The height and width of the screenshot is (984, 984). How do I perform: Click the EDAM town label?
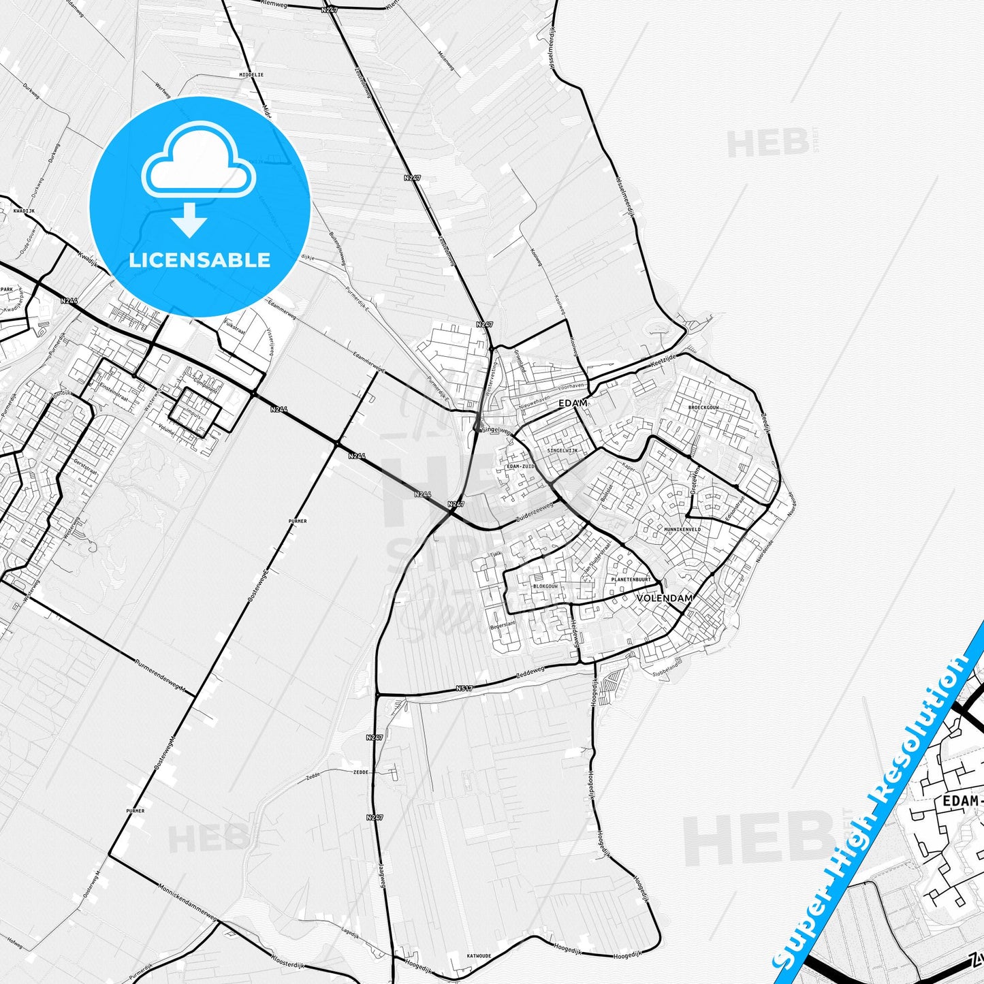pos(572,403)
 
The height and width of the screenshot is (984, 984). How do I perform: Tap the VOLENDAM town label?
pos(665,598)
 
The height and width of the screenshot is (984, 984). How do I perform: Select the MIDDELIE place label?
pos(251,74)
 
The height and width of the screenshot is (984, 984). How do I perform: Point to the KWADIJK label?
pos(23,211)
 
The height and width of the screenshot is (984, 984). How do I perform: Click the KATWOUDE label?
pos(479,956)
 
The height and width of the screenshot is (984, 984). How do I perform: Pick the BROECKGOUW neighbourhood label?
pos(703,407)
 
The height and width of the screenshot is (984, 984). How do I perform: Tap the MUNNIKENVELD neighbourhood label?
pos(682,528)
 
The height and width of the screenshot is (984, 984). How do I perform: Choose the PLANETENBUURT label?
pos(631,580)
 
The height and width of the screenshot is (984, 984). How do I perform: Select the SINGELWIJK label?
pos(562,451)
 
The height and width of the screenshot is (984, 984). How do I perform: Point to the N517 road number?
pos(464,688)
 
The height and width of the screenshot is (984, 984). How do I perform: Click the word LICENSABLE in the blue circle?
pos(200,260)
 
